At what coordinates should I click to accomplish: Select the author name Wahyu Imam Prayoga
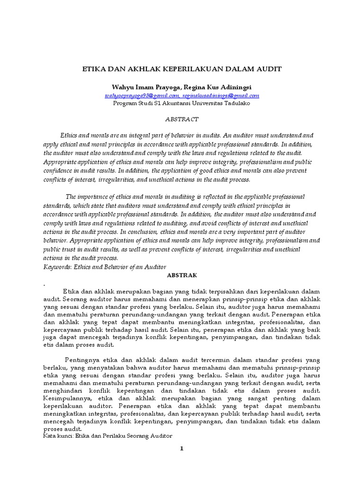[x=142, y=88]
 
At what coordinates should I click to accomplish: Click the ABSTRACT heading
[x=182, y=119]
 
